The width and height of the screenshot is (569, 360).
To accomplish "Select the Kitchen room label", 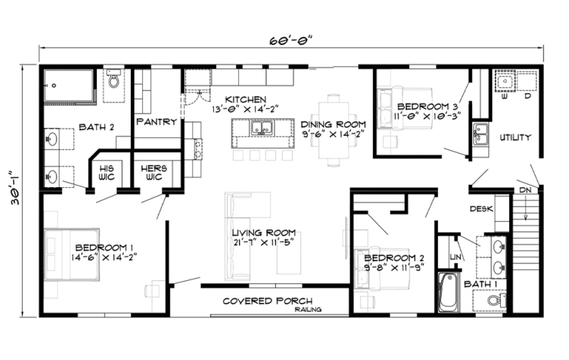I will pos(245,105).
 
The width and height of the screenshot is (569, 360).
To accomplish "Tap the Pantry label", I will pos(156,122).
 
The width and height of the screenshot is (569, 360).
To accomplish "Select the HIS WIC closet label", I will pos(106,173).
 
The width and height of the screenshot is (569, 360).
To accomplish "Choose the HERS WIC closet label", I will pos(152,173).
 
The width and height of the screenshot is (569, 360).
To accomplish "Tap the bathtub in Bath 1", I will pos(448,292).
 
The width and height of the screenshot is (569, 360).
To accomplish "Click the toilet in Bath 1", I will pos(495,302).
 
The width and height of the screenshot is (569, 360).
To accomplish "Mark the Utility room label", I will pos(515,137).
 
